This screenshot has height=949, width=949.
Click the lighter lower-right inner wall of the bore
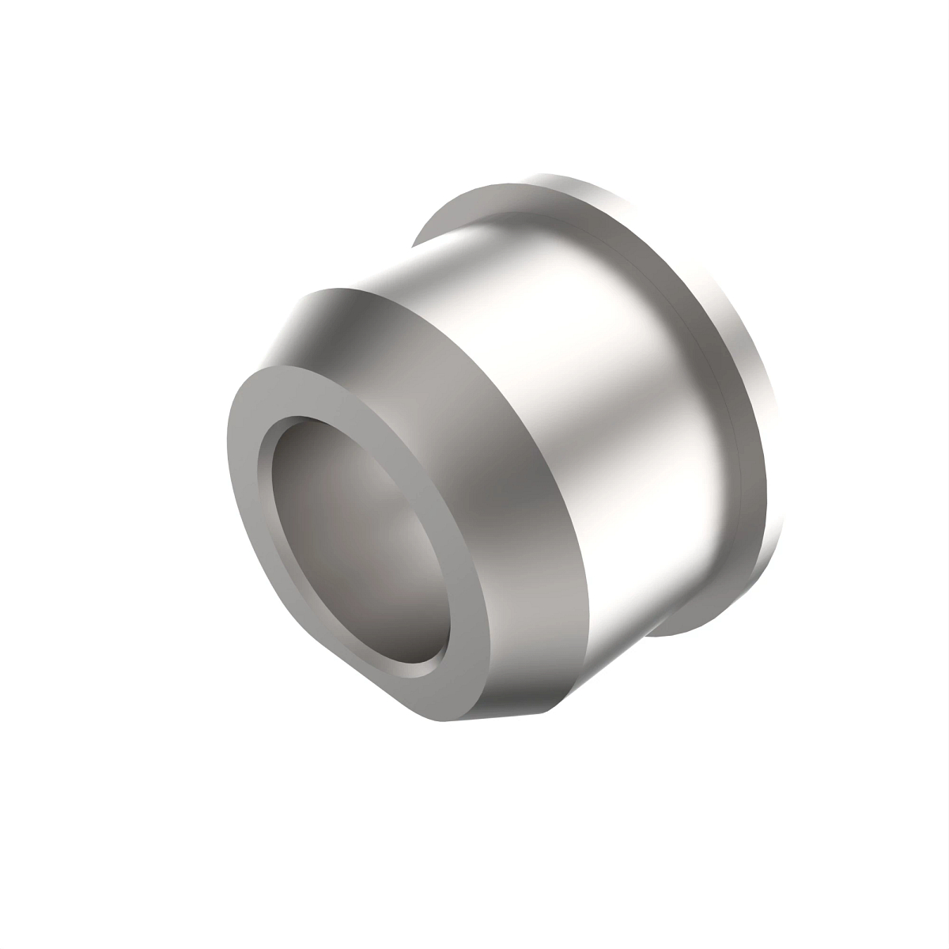tap(411, 601)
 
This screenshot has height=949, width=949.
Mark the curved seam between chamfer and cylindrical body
tap(546, 443)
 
